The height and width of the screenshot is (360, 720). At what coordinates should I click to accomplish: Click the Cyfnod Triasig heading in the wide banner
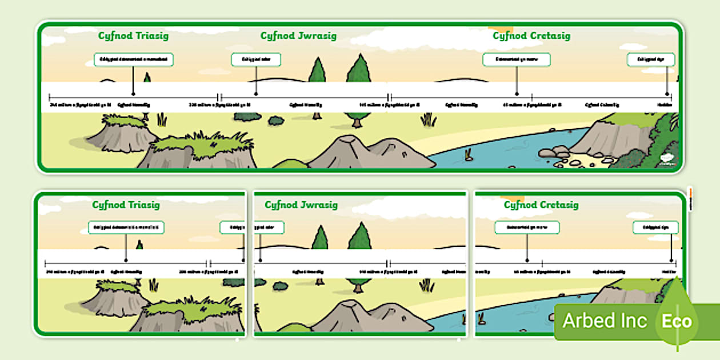click(133, 35)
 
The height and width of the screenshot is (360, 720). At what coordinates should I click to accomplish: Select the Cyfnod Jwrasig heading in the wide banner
click(298, 35)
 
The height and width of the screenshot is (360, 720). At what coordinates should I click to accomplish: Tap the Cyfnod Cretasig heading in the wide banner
click(531, 35)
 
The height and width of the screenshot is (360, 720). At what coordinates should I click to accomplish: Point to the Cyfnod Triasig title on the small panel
click(126, 205)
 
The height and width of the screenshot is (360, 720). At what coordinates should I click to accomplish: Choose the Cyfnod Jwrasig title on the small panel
click(301, 205)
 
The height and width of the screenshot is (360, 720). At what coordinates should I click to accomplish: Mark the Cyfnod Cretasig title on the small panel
click(541, 205)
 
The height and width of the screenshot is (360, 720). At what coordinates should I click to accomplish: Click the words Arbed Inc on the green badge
click(605, 321)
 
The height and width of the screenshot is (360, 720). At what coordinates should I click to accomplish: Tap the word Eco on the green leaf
click(677, 321)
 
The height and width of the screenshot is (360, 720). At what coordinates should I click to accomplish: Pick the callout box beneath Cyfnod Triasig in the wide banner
click(134, 59)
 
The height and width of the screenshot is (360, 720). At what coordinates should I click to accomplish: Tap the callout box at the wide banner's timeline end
click(650, 59)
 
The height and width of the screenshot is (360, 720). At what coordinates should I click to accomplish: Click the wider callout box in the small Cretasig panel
click(526, 227)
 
